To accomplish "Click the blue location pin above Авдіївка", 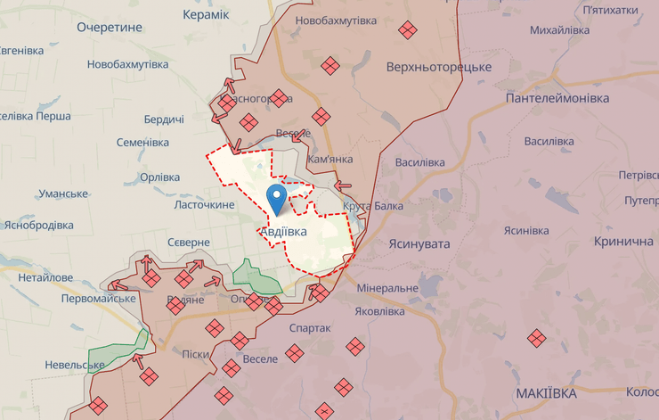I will (x=278, y=197).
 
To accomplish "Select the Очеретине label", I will (x=110, y=28).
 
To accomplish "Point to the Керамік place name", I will (x=205, y=15).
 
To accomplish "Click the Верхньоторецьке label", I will (x=439, y=67).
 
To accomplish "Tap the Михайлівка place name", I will (x=559, y=30).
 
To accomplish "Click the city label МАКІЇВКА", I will (x=546, y=393).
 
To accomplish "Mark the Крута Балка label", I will (x=373, y=206).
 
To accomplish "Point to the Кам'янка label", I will (x=329, y=159).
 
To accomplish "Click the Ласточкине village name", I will (x=204, y=205).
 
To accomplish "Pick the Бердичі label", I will (x=164, y=119).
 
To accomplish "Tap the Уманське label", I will (x=63, y=194).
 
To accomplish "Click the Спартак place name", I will (x=310, y=328).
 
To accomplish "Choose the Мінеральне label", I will (x=386, y=289).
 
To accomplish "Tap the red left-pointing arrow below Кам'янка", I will (x=344, y=185).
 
